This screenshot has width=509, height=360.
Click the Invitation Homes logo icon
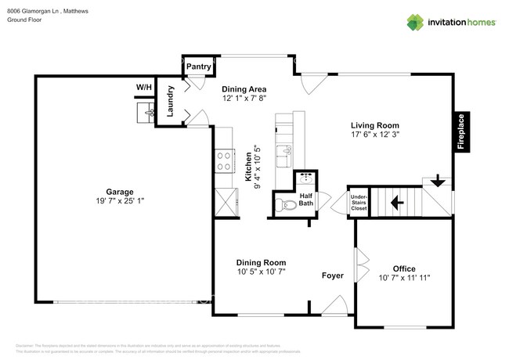(x=415, y=22)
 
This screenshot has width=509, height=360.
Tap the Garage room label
(x=120, y=192)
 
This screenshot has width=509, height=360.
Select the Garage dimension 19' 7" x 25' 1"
(x=120, y=202)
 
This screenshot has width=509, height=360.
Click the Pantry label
(x=198, y=67)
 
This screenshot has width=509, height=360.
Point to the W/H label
(x=144, y=86)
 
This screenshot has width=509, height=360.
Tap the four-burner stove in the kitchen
(x=224, y=160)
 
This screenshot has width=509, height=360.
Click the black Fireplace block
(x=461, y=131)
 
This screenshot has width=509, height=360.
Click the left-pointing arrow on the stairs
(x=398, y=204)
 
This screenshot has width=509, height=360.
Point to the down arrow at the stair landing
(x=439, y=183)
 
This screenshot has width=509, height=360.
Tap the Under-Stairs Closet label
(x=359, y=203)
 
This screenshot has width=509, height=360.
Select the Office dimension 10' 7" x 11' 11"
(x=404, y=278)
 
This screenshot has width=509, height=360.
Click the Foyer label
(x=334, y=275)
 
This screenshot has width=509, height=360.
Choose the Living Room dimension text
(x=374, y=135)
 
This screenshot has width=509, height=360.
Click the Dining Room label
(x=261, y=262)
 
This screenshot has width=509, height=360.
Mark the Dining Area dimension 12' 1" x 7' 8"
(x=244, y=99)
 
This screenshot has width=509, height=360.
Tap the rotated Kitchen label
(x=248, y=167)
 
